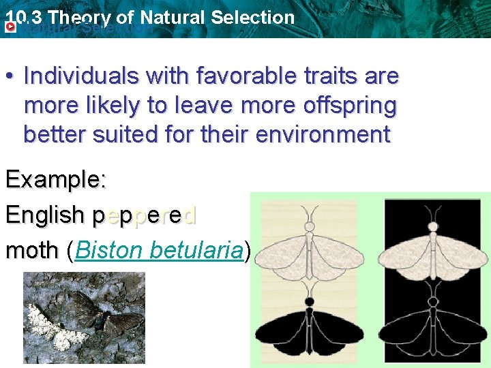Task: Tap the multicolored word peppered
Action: click(145, 215)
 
